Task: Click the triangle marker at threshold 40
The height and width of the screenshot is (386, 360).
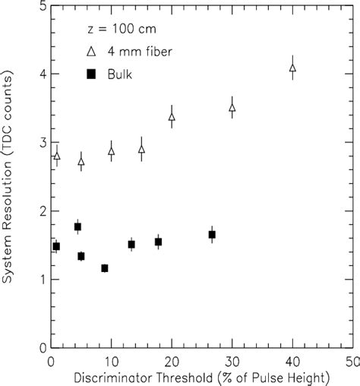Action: (292, 68)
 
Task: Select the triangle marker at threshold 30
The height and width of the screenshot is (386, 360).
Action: (232, 108)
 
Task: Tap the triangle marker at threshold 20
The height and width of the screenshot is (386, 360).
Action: (172, 117)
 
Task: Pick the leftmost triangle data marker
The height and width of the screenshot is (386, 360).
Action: (56, 156)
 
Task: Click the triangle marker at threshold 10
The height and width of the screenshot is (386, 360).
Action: (112, 151)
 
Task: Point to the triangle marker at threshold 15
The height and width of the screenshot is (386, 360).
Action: (141, 149)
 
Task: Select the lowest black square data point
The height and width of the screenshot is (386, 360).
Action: (104, 268)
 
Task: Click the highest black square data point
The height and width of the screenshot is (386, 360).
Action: (77, 226)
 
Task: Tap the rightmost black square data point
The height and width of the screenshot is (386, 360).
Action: (212, 234)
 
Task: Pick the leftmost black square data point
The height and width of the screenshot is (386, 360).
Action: (56, 246)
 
